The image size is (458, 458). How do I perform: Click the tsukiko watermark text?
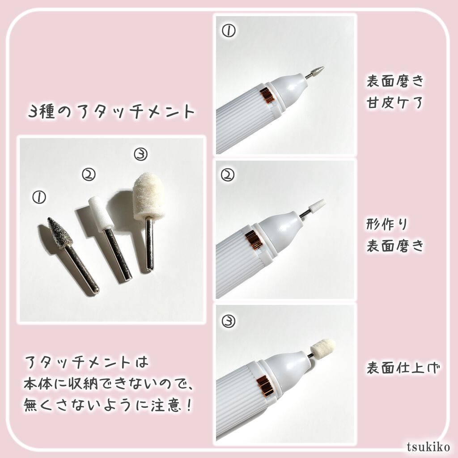[x=428, y=447]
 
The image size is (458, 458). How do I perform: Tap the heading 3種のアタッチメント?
[x=111, y=111]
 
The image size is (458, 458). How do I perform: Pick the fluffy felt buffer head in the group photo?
[x=148, y=196]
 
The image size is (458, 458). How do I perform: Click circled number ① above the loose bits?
[x=39, y=197]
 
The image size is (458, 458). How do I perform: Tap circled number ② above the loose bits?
[x=89, y=175]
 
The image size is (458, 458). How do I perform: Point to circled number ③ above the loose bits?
[x=141, y=154]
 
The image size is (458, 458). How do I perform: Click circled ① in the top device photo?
[x=229, y=30]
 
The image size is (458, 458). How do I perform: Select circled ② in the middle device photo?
[x=228, y=175]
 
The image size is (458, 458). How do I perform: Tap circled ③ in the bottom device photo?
[x=228, y=321]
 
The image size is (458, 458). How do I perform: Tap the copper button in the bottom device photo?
[x=265, y=386]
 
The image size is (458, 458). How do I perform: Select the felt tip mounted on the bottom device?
[x=322, y=347]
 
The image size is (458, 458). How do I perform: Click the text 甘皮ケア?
[x=394, y=102]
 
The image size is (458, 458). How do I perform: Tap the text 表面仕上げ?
[x=403, y=368]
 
